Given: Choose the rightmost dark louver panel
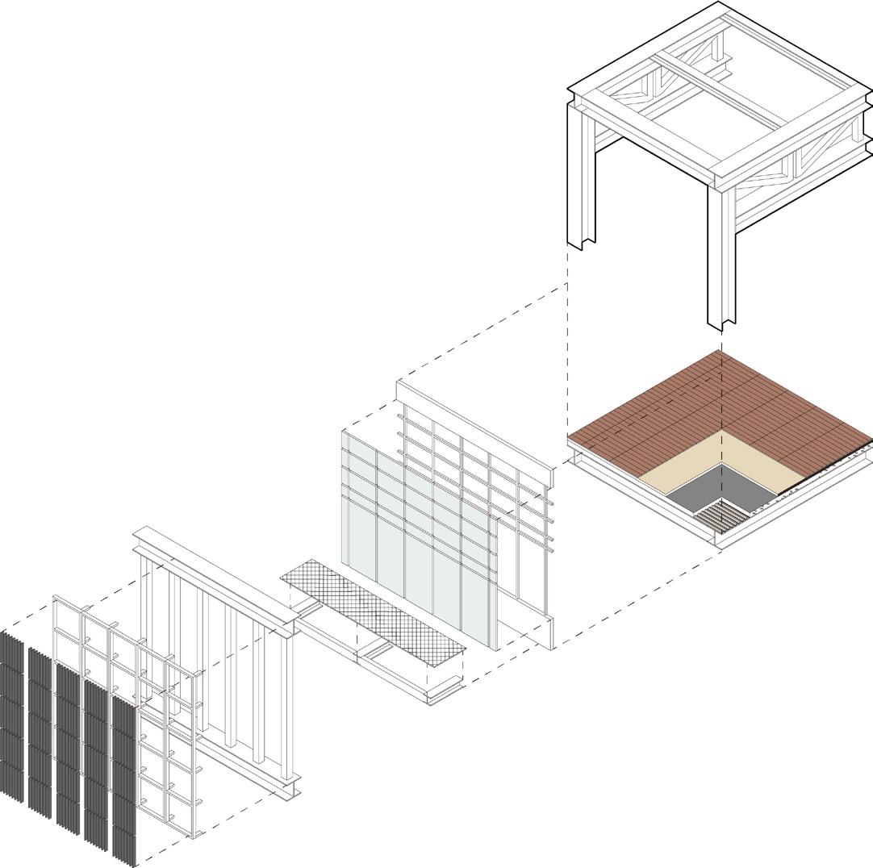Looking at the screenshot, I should pos(123,774).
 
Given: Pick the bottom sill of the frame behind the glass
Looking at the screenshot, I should pos(524,629).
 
